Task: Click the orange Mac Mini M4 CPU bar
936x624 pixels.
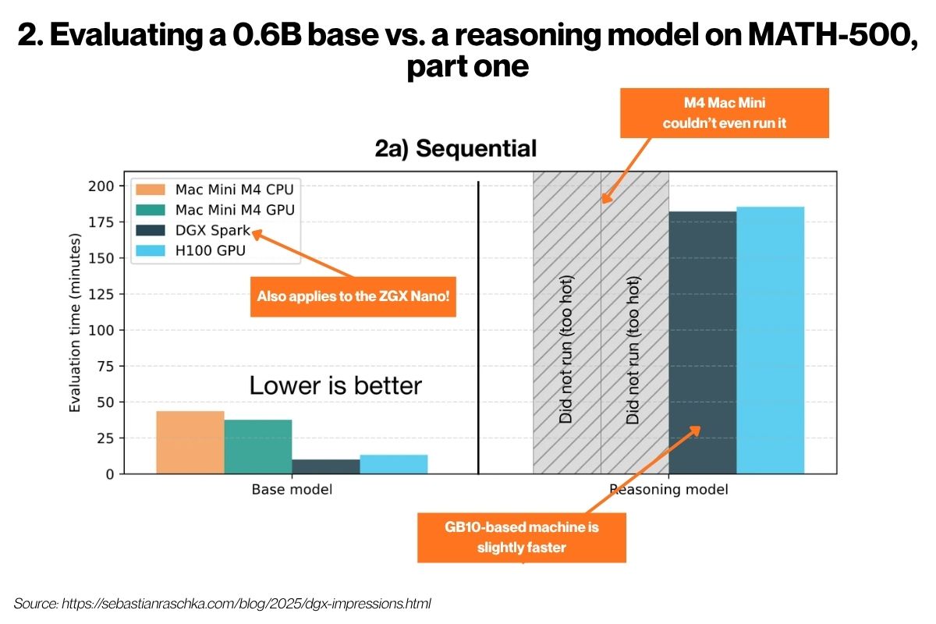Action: (190, 442)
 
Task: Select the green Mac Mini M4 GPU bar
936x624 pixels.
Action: (258, 446)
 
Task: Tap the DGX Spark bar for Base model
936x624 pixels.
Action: (326, 466)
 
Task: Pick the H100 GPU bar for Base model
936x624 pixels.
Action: (394, 464)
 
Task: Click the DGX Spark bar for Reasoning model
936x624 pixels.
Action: (703, 342)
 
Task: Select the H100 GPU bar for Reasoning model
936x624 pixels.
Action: (771, 340)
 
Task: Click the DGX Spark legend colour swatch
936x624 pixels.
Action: (151, 230)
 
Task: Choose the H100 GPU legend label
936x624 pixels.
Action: (210, 251)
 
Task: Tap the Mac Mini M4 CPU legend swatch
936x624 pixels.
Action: (151, 190)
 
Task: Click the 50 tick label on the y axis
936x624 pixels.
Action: (105, 402)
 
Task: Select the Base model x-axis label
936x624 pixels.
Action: (292, 489)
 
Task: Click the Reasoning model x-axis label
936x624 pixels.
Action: (668, 489)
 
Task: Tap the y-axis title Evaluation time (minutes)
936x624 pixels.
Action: (74, 323)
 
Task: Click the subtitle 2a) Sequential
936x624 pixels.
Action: (456, 148)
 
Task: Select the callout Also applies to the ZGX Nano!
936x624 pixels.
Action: (353, 296)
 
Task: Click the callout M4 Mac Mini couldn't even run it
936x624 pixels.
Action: (724, 113)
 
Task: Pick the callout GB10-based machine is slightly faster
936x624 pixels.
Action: (522, 537)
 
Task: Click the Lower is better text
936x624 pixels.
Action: (335, 385)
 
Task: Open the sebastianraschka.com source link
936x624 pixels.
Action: (246, 604)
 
